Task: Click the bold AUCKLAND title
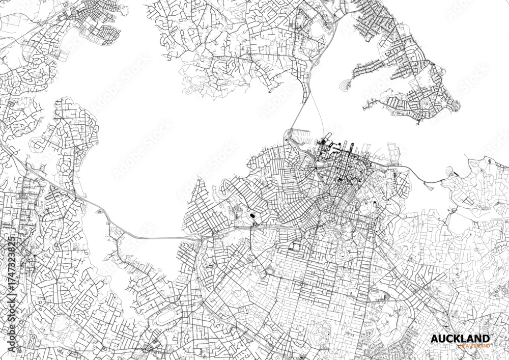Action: [460, 339]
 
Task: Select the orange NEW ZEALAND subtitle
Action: [474, 346]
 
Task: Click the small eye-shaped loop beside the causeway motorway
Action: [101, 211]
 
